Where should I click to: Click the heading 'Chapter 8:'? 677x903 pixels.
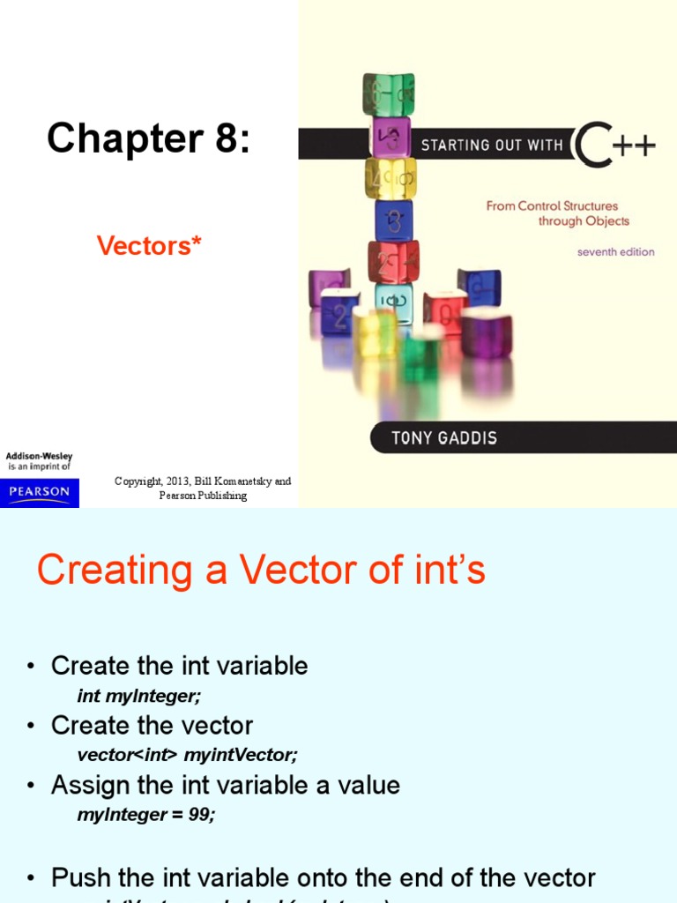148,138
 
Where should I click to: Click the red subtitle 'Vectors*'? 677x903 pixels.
149,245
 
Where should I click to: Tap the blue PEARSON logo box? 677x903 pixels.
40,492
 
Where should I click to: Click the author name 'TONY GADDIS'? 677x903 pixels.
443,438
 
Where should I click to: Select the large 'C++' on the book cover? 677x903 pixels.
614,145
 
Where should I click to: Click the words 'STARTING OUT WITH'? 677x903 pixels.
492,146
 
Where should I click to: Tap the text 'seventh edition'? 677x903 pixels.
615,252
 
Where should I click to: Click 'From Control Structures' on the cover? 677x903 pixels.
552,206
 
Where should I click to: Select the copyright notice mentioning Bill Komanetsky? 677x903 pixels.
203,489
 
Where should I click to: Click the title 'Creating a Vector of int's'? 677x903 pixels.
261,571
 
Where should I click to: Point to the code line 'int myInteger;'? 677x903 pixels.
139,696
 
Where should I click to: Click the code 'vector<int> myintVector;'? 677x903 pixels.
188,755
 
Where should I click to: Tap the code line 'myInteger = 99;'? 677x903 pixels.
146,815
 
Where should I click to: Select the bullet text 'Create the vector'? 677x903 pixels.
152,726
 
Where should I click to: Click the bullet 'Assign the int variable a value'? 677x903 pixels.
225,785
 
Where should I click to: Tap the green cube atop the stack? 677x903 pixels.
388,93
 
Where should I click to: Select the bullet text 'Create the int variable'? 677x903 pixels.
179,666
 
